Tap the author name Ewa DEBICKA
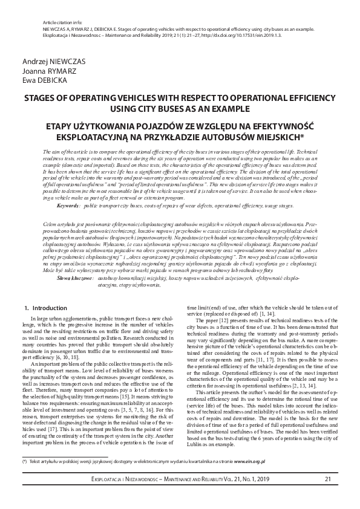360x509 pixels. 40,79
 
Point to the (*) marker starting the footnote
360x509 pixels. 25,461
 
